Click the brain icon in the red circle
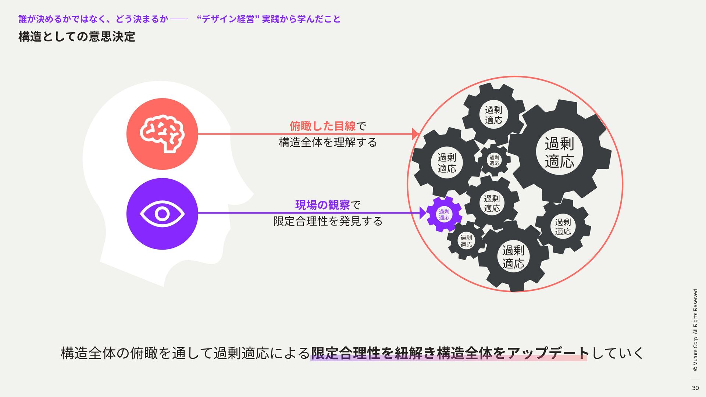162,134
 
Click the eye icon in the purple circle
162,214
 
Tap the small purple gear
444,215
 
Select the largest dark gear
559,152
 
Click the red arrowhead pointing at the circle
415,134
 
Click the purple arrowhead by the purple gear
422,213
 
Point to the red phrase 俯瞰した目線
322,126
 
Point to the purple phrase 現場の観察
322,205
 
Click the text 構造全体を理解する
328,143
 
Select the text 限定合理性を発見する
328,221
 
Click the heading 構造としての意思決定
77,37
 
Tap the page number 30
695,388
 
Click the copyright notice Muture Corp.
695,329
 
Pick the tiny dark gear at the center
494,160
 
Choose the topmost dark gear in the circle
493,115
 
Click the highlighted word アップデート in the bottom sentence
548,353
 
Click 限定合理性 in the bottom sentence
346,353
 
